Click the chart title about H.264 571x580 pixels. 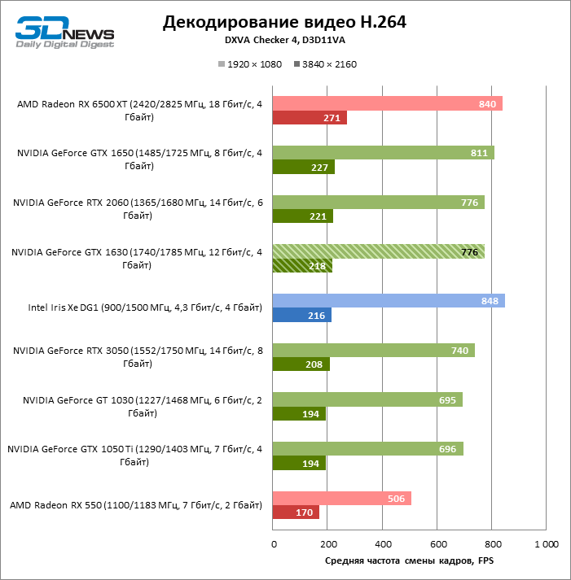pos(284,22)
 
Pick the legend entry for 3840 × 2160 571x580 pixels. pos(325,64)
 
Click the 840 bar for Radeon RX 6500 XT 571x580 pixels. pos(387,103)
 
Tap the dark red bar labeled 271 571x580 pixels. pos(310,118)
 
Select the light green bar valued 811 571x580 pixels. pos(383,153)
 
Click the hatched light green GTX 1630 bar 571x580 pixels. pos(378,251)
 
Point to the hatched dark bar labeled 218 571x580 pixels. pos(302,266)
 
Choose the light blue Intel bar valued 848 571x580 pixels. pos(389,301)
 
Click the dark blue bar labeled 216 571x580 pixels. pos(302,316)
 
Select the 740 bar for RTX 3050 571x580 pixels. pos(373,350)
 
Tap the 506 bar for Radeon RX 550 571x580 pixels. pos(341,498)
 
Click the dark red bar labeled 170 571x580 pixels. pos(296,513)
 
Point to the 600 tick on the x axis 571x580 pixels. pos(437,543)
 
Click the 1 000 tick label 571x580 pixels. pos(546,543)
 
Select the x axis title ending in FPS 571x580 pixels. pos(409,560)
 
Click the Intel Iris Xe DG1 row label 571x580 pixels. pos(145,308)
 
